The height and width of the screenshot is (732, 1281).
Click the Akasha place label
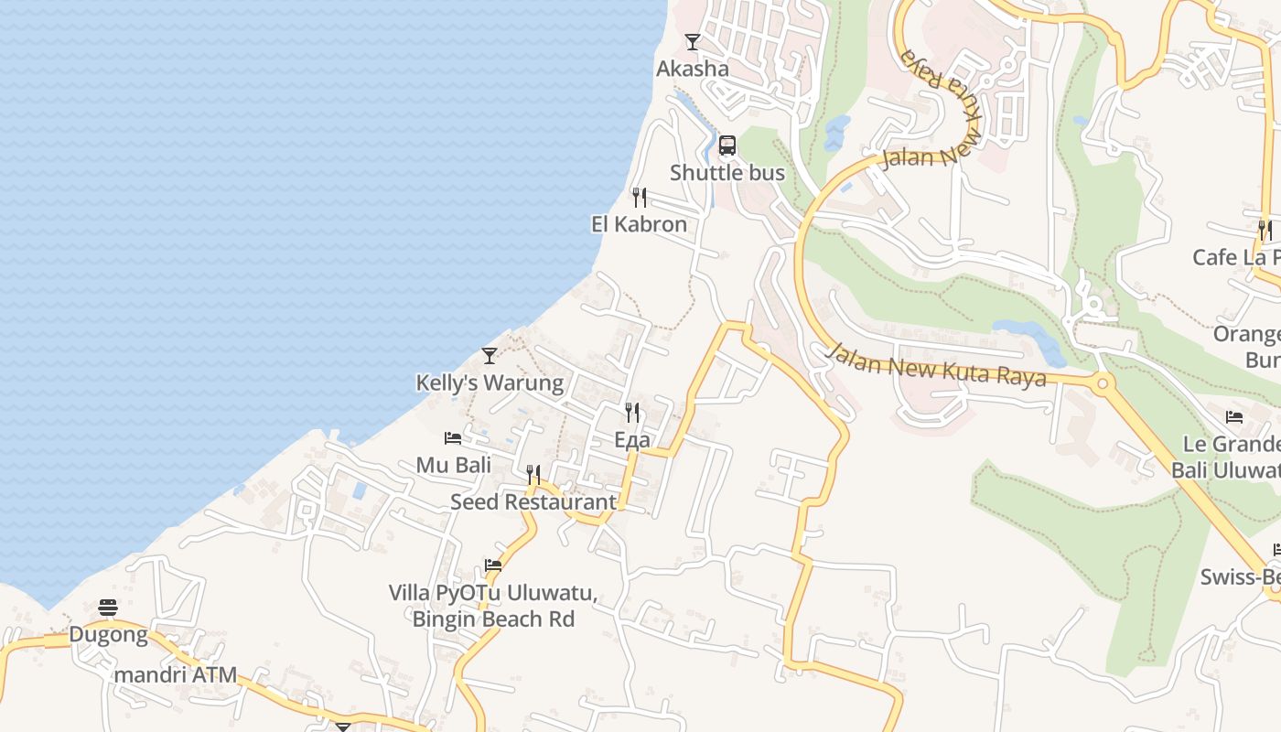pyautogui.click(x=693, y=69)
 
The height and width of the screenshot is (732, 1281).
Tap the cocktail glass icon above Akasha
pyautogui.click(x=693, y=42)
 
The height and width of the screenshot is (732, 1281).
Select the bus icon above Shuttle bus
pyautogui.click(x=727, y=145)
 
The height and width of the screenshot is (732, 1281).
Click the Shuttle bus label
pyautogui.click(x=727, y=173)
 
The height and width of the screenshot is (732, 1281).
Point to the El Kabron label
pyautogui.click(x=639, y=224)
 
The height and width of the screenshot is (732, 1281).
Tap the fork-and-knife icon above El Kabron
pyautogui.click(x=640, y=198)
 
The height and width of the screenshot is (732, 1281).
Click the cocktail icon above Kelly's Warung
pyautogui.click(x=490, y=356)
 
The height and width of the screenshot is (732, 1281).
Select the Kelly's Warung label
pyautogui.click(x=490, y=382)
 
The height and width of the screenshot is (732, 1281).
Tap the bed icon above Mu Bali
pyautogui.click(x=453, y=438)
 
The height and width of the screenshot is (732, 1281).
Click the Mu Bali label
pyautogui.click(x=454, y=465)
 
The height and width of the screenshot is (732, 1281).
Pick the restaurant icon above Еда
pyautogui.click(x=632, y=413)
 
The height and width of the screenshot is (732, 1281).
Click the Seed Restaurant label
pyautogui.click(x=533, y=502)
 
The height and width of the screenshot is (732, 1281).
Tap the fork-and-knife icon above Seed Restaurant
pyautogui.click(x=533, y=475)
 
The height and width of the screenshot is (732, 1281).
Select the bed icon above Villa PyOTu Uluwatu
pyautogui.click(x=493, y=565)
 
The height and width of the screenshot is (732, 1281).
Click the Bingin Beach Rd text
pyautogui.click(x=493, y=619)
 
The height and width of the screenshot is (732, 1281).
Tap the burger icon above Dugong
pyautogui.click(x=108, y=608)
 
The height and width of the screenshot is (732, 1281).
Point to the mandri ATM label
pyautogui.click(x=176, y=675)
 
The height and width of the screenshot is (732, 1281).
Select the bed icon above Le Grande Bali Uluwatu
pyautogui.click(x=1234, y=418)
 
